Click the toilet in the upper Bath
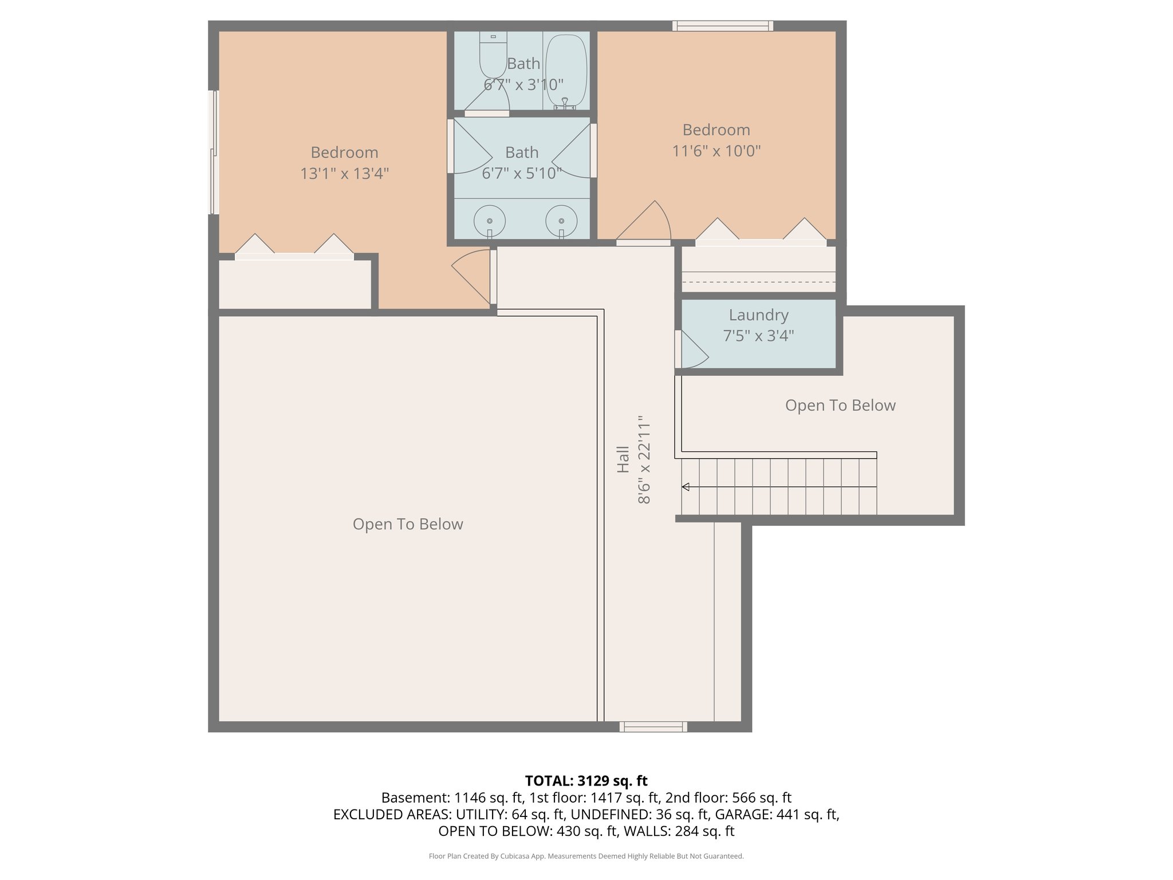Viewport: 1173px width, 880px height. tap(493, 56)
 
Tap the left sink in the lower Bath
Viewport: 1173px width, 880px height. tap(490, 221)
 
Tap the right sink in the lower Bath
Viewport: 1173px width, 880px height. tap(561, 221)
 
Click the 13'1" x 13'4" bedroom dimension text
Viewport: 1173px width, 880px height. tap(344, 173)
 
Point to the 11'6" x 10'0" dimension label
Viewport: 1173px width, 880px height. tap(716, 151)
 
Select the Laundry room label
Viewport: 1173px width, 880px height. tap(758, 315)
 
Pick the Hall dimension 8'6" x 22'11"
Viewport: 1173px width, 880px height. tap(644, 459)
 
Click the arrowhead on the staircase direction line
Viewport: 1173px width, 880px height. tap(685, 487)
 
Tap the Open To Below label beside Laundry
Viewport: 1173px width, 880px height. tap(840, 405)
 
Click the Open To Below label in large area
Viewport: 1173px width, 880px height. tap(407, 524)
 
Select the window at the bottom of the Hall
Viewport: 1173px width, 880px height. tap(653, 726)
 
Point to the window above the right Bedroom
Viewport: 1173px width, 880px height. tap(722, 26)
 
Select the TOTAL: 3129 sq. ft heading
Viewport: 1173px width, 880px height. tap(586, 780)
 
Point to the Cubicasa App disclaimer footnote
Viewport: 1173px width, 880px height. tap(586, 856)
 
